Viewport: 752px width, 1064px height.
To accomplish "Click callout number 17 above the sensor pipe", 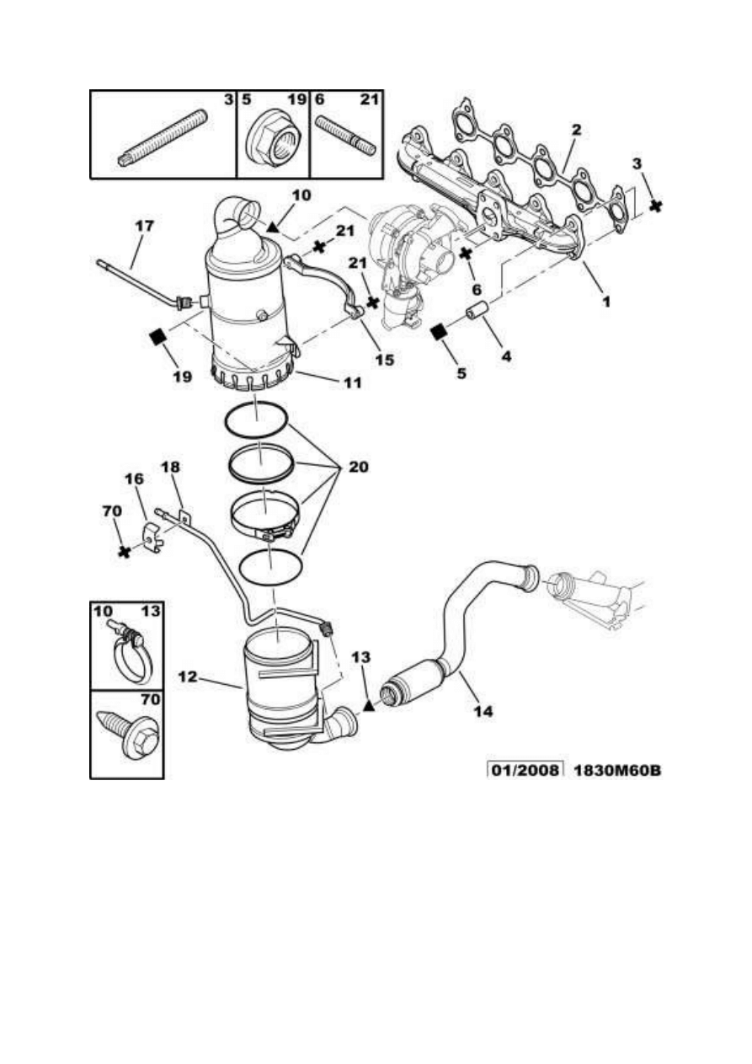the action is tap(144, 226).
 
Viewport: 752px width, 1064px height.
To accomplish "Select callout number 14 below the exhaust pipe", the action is tap(483, 711).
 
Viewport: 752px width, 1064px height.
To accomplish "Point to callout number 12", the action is tap(188, 676).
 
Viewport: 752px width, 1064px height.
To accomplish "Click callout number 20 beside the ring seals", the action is tap(358, 467).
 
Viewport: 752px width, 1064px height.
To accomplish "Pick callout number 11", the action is tap(352, 382).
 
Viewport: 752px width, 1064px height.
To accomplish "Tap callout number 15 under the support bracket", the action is tap(384, 360).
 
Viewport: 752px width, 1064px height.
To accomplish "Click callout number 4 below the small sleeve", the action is tap(507, 356).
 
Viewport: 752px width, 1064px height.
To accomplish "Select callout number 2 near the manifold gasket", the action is tap(576, 130).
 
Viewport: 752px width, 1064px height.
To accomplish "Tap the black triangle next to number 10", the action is tap(271, 227).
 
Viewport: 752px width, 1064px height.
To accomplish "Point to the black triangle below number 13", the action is tap(368, 706).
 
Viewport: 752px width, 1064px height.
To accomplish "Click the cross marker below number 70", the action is tap(125, 552).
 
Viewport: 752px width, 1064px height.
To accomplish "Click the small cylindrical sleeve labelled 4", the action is tap(477, 310).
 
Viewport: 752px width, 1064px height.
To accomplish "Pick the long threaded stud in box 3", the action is tap(163, 138).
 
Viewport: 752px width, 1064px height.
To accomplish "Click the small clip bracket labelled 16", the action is tap(152, 537).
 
